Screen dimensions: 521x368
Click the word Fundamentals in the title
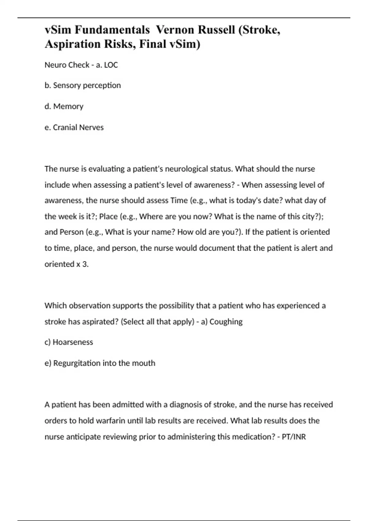pos(112,30)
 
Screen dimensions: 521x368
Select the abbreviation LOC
pos(111,65)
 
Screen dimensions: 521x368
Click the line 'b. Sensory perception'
pos(82,85)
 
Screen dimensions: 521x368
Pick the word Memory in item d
pos(68,106)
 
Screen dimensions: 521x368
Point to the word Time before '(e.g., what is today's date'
pos(179,200)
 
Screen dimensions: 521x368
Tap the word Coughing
pos(226,321)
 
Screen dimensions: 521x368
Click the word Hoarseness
pos(73,342)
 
